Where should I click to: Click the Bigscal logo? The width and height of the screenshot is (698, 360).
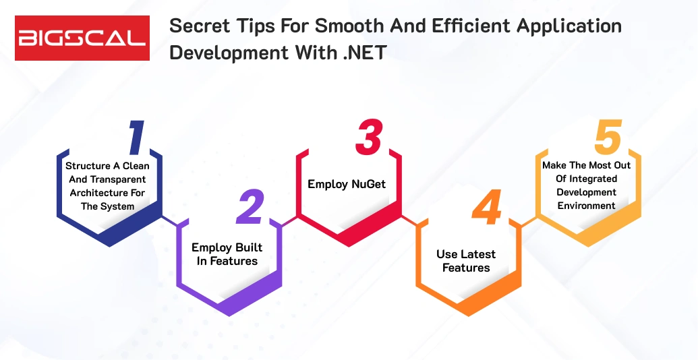(x=82, y=38)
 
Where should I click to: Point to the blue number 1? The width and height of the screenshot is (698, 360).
(x=136, y=138)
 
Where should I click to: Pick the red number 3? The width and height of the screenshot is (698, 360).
(x=368, y=138)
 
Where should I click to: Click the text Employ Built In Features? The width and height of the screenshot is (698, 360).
(x=227, y=254)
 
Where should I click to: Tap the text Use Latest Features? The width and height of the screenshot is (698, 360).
(x=466, y=261)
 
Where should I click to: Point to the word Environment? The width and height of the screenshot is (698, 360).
(x=587, y=206)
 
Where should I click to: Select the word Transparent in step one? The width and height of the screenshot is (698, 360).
(x=117, y=179)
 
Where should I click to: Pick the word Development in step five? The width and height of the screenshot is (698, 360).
(x=587, y=192)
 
